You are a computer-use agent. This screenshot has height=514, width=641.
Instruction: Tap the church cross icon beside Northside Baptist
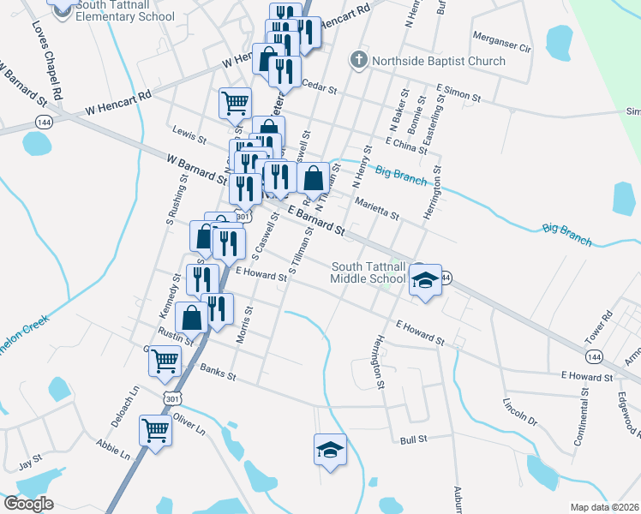(358, 60)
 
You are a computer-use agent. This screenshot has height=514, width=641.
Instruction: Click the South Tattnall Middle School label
(368, 272)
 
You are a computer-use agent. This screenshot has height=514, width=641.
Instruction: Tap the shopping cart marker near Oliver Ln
(155, 430)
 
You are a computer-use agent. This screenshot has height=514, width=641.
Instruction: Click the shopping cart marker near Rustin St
(165, 360)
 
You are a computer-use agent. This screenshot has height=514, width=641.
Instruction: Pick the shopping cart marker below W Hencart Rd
(235, 104)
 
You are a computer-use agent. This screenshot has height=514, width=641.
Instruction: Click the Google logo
(28, 504)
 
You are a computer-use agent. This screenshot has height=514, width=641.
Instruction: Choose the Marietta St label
(377, 208)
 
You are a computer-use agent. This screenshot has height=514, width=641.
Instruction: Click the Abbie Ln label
(112, 450)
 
